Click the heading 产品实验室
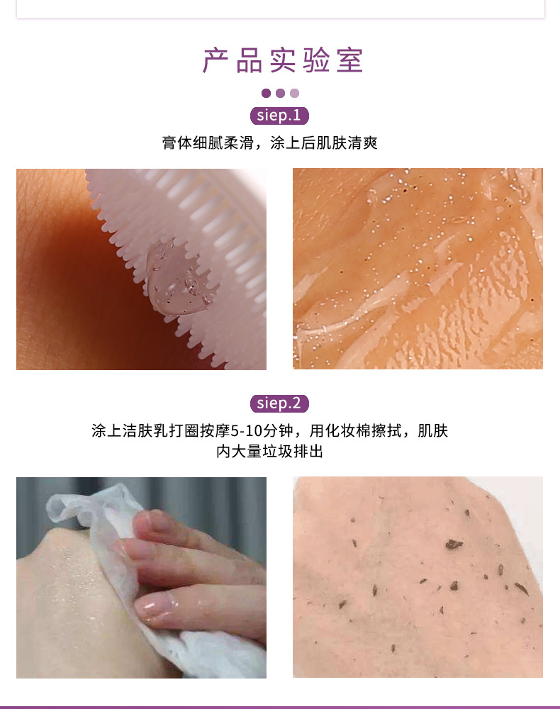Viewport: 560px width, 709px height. coord(283,60)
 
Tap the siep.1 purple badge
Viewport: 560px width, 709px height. coord(279,116)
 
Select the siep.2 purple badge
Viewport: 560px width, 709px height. coord(279,403)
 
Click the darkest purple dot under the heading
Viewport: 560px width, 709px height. coord(267,93)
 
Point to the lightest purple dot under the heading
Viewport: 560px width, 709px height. coord(294,93)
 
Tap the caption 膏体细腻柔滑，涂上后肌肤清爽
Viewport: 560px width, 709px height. coord(270,143)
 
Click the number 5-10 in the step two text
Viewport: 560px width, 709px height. coord(247,431)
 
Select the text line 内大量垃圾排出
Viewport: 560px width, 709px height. coord(270,451)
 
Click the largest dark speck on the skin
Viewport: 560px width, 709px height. coord(454,545)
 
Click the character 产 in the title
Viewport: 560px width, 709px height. coord(216,60)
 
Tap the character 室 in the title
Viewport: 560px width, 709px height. coord(349,60)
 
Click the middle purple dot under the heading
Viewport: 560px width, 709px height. coord(280,93)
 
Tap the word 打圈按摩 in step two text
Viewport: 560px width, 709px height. coord(200,431)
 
